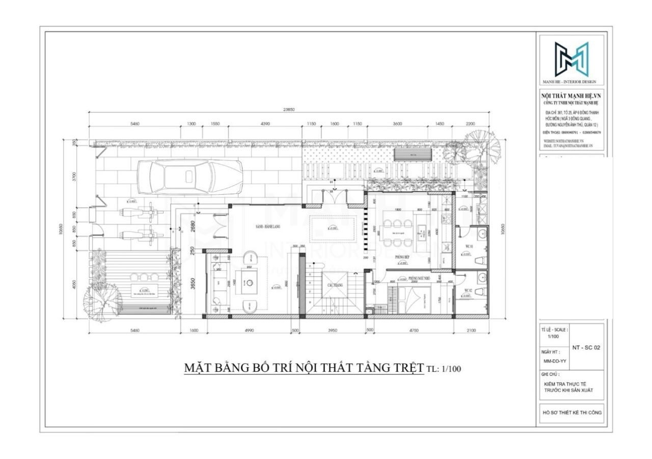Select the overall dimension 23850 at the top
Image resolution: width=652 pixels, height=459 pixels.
[x=289, y=110]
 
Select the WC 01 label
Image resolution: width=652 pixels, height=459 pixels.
[x=469, y=246]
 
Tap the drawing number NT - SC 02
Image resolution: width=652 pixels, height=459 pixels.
[x=586, y=347]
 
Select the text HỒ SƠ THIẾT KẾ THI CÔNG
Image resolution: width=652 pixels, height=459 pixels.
[x=572, y=413]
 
